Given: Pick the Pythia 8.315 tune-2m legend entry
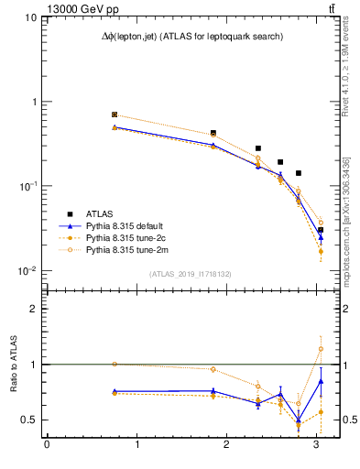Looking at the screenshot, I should tap(132, 249).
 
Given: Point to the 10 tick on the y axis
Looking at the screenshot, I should tap(29, 17).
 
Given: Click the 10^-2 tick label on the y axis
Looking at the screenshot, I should tap(26, 271).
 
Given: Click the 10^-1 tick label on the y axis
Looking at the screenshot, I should tap(26, 186).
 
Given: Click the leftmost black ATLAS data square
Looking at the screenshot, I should tap(115, 115).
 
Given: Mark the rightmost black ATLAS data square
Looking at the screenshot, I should tap(321, 230).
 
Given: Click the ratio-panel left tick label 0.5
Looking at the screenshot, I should tap(29, 420).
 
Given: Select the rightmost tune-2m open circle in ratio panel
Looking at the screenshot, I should tap(321, 349).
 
